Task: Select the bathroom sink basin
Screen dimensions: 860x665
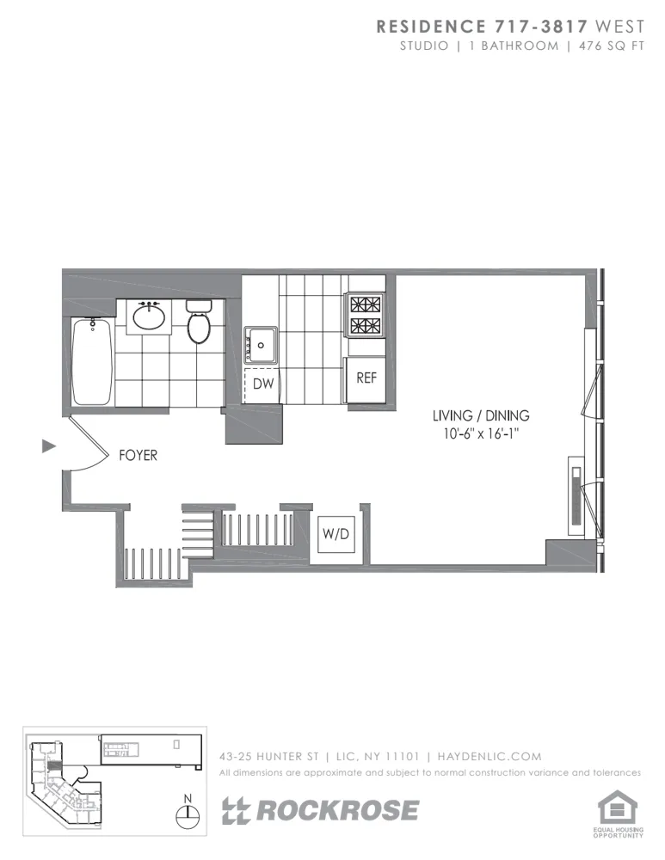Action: [150, 317]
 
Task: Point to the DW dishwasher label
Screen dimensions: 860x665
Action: [263, 384]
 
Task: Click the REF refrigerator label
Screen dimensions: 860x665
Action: [366, 378]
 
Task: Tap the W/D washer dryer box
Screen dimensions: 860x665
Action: [336, 535]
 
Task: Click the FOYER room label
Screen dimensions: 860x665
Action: [138, 455]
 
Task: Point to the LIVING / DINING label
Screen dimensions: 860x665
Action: [480, 415]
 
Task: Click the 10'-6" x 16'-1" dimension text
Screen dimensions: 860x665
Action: [480, 434]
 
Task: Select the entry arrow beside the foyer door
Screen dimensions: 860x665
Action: [49, 445]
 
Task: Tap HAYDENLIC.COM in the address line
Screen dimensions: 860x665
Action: [490, 757]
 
